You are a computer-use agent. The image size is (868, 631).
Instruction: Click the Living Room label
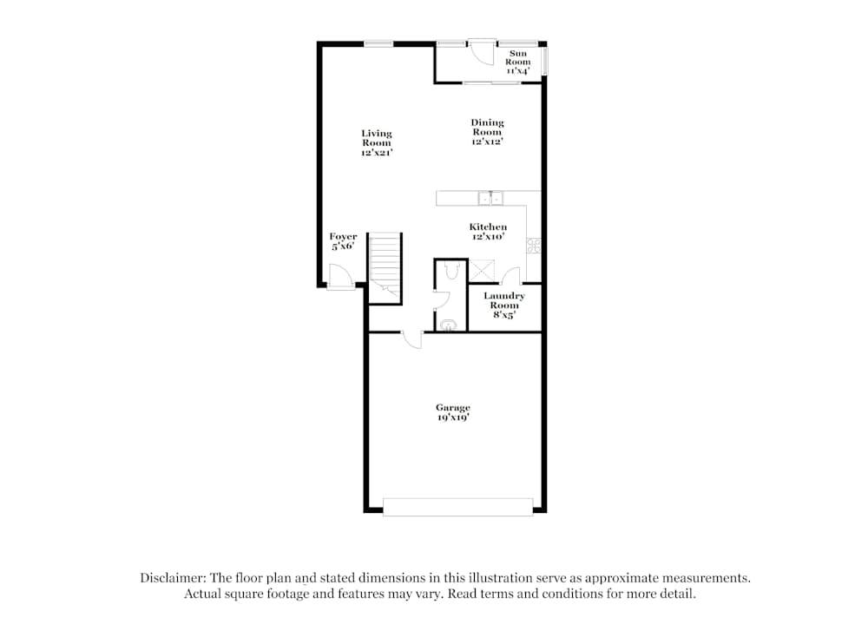tap(377, 143)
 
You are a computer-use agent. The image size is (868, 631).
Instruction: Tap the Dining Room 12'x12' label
tap(487, 132)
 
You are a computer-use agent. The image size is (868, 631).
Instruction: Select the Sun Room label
tap(517, 62)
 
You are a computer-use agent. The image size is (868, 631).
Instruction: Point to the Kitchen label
tap(488, 232)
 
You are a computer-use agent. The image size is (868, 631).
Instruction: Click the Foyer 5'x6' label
tap(343, 241)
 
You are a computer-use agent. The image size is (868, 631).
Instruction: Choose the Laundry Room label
tap(504, 305)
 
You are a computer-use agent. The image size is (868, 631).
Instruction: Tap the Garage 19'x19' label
tap(453, 412)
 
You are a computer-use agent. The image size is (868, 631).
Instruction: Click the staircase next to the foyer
tap(385, 268)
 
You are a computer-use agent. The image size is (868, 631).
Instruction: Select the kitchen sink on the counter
tap(490, 198)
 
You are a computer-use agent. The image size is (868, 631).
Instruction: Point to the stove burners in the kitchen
tap(534, 246)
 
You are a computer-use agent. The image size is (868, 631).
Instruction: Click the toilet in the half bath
tap(451, 271)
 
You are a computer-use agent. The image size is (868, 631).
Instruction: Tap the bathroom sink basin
tap(448, 325)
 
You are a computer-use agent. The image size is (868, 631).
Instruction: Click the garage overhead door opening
tap(457, 507)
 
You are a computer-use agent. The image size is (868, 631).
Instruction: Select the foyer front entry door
tap(340, 276)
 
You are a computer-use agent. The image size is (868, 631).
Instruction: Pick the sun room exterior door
tap(482, 52)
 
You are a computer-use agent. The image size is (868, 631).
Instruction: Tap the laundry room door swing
tap(511, 276)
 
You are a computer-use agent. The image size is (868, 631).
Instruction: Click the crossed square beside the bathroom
tap(482, 271)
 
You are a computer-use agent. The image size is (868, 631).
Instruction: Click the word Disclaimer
tap(173, 578)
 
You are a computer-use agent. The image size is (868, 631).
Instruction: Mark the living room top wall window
tap(378, 43)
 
